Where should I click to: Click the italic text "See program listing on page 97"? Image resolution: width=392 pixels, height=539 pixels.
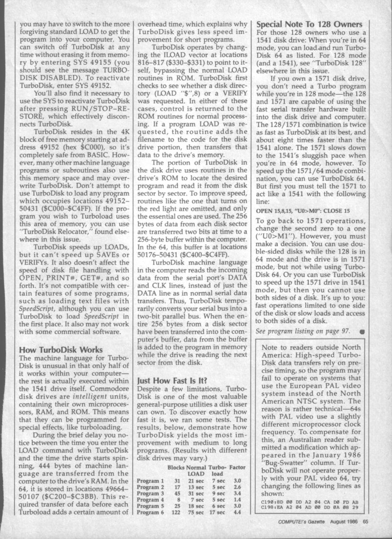[x=303, y=330]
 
